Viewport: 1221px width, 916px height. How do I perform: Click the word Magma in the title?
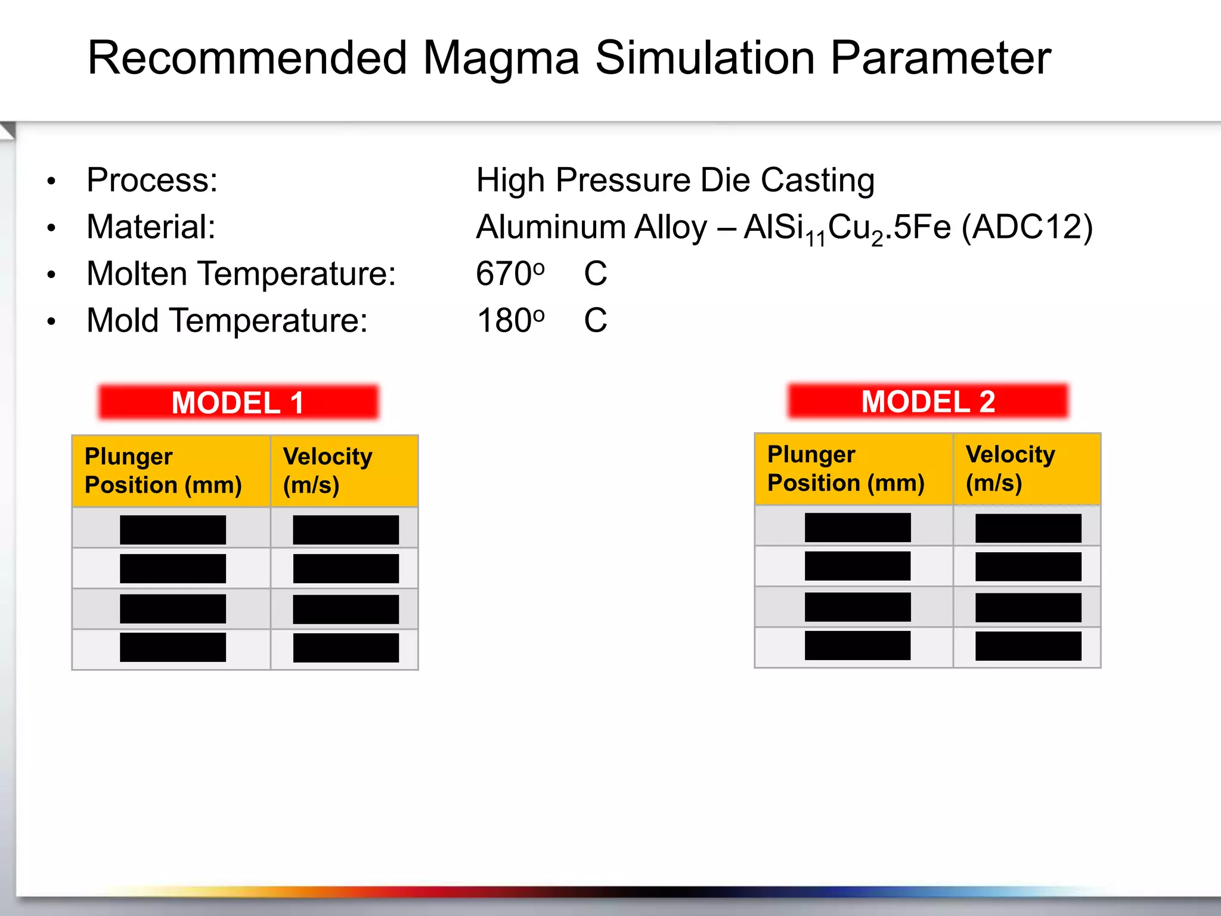(x=501, y=58)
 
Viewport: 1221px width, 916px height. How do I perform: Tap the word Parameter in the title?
(x=940, y=58)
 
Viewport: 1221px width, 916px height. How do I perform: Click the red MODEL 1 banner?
(x=238, y=403)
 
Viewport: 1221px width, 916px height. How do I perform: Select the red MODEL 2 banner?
(x=928, y=401)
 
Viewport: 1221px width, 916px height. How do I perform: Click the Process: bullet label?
(x=152, y=180)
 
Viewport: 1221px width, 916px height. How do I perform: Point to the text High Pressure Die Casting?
(x=675, y=180)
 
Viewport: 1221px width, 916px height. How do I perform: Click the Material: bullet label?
(x=151, y=227)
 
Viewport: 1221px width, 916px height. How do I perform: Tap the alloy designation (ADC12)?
(x=1027, y=227)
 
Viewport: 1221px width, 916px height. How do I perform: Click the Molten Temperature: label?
(x=241, y=274)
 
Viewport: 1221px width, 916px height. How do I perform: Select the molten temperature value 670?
(x=502, y=274)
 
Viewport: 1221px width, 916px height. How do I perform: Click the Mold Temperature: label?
(x=227, y=321)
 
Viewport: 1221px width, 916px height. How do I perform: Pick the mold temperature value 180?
(x=502, y=321)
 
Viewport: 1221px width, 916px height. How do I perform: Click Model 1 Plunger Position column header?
(x=163, y=471)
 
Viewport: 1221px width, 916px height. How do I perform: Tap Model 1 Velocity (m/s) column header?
(x=327, y=471)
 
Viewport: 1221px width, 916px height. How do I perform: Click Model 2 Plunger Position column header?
(x=845, y=469)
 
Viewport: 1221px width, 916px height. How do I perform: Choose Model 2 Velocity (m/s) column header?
(x=1010, y=469)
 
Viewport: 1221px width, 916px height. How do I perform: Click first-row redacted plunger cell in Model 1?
(x=173, y=530)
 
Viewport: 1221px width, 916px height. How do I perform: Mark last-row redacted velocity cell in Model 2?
(x=1028, y=646)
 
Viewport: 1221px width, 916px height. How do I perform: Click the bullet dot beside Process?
(x=52, y=181)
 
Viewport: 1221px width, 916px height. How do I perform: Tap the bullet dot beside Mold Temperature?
(x=52, y=322)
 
